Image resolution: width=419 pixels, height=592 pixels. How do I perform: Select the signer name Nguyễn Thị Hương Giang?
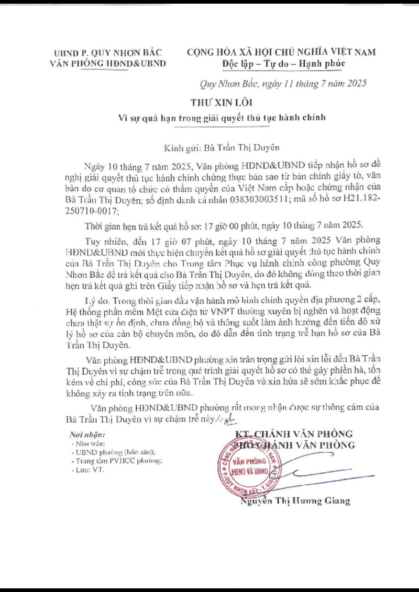(295, 501)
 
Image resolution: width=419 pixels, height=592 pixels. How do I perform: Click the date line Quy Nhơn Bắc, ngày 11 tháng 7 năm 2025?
(284, 83)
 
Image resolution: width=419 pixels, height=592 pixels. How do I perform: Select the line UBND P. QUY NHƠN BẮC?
(107, 52)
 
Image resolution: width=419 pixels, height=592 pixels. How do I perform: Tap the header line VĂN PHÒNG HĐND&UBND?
(107, 64)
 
